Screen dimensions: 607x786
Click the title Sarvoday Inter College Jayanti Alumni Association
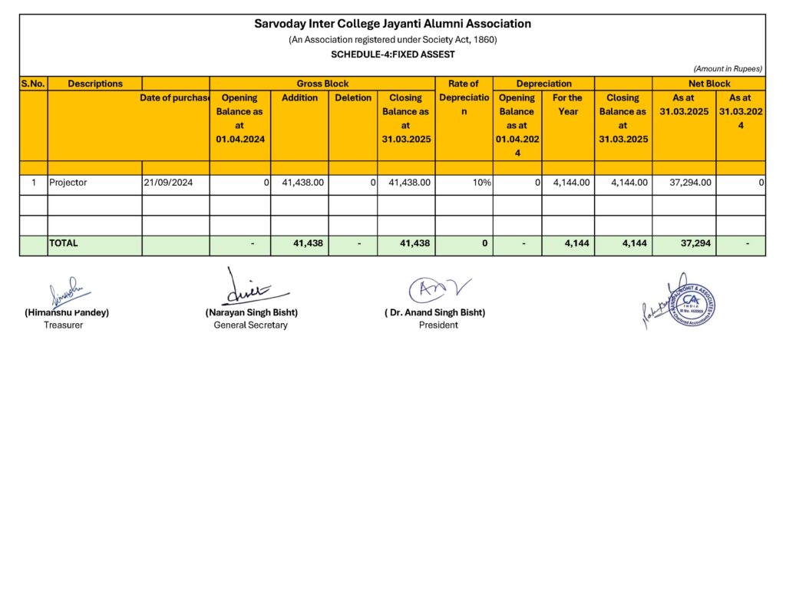[392, 24]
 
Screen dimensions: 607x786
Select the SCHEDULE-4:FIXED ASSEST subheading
[392, 54]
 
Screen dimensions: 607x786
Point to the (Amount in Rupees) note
[727, 69]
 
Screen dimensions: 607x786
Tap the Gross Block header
[322, 84]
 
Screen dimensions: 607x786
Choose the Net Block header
[708, 84]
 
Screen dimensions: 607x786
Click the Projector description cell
[68, 183]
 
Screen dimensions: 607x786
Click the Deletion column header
[353, 98]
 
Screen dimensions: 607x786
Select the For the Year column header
[568, 104]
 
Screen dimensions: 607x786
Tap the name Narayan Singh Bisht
[251, 312]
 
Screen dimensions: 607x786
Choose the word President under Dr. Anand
[438, 325]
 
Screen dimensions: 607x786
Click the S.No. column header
[34, 84]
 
